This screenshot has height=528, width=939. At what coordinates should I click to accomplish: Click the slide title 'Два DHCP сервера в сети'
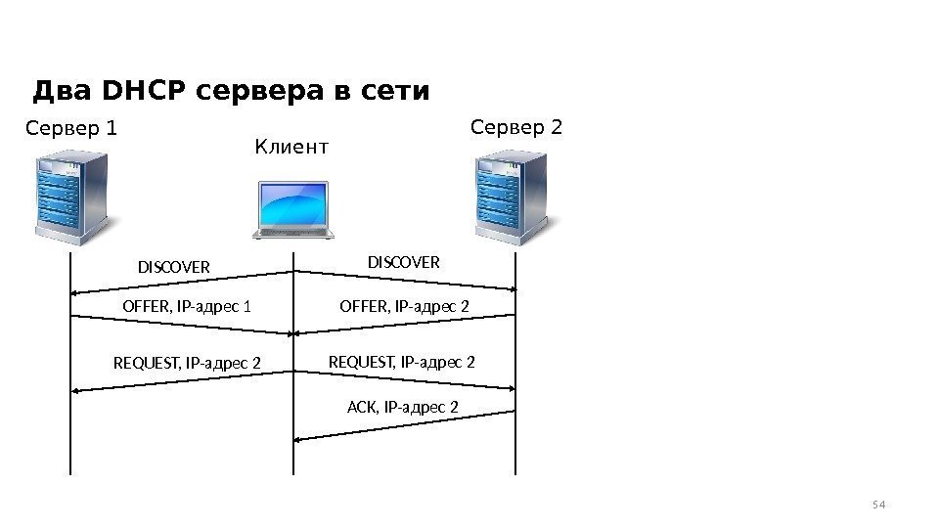click(231, 92)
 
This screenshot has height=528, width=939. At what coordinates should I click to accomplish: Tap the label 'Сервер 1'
click(70, 128)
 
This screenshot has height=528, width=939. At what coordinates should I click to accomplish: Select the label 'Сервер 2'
click(516, 127)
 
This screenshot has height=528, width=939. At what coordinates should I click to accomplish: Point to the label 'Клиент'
click(291, 148)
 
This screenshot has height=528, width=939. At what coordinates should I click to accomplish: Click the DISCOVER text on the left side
click(173, 267)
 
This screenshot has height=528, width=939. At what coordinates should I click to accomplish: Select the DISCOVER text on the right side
click(404, 262)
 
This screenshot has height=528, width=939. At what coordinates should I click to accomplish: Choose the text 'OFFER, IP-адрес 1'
click(187, 307)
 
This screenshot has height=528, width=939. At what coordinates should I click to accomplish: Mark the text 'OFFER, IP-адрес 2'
click(404, 307)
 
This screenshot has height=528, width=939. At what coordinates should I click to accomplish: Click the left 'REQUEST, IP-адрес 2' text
click(188, 365)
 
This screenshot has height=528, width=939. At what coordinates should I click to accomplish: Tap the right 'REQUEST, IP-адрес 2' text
click(402, 363)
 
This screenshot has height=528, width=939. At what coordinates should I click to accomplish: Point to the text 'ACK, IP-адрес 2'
click(403, 406)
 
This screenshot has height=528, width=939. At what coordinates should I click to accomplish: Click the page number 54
click(877, 505)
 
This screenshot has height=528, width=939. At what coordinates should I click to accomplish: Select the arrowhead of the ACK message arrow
click(299, 439)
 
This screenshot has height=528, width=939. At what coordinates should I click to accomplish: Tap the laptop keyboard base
click(293, 233)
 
